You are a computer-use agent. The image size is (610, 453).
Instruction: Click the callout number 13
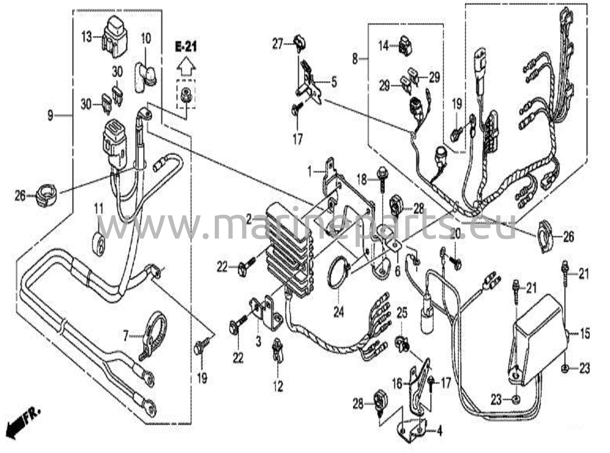click(87, 38)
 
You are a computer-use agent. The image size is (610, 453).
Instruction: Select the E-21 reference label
click(186, 47)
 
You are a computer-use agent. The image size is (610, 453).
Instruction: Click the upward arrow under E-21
click(186, 68)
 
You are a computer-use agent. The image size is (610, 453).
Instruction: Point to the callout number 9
click(51, 115)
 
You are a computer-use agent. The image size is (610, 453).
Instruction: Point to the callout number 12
click(278, 386)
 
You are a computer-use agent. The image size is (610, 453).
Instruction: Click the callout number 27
click(278, 44)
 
